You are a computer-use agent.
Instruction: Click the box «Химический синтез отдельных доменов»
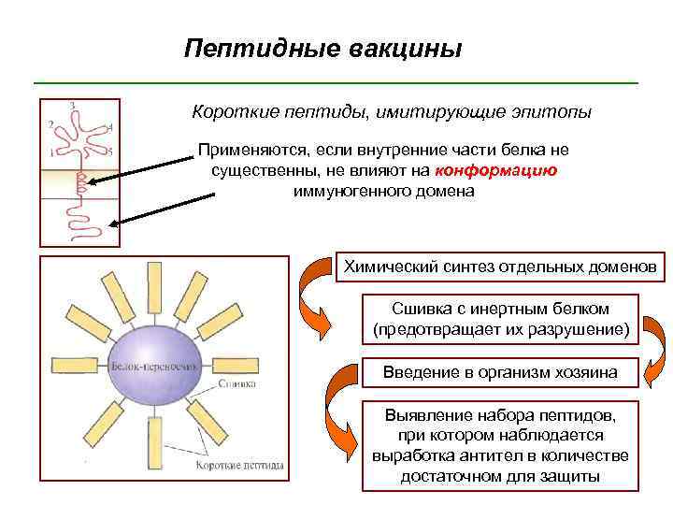(x=500, y=266)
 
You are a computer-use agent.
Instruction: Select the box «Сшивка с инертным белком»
(x=500, y=318)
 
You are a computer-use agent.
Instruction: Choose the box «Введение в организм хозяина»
(x=500, y=372)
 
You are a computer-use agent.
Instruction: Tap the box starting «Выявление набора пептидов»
(x=500, y=445)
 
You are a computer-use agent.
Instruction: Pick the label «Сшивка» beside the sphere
(x=237, y=384)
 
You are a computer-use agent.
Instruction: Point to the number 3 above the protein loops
(x=73, y=104)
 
